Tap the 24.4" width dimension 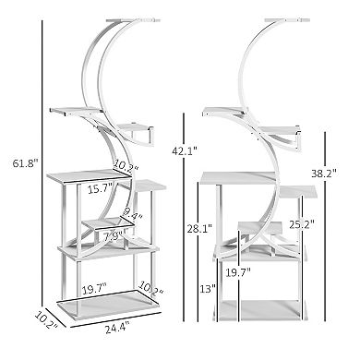[x=116, y=327]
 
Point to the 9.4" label [x=134, y=215]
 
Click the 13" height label [x=209, y=287]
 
